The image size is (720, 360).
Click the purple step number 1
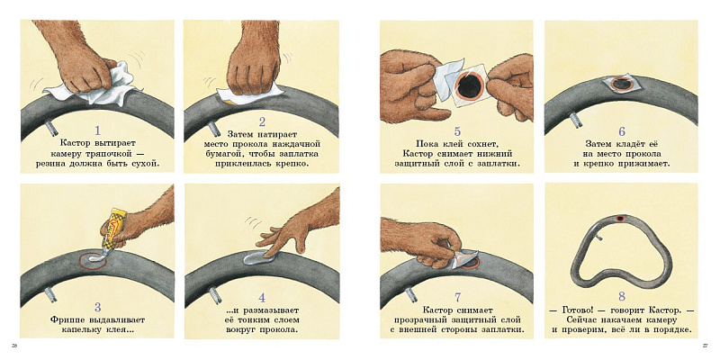[x=96, y=130]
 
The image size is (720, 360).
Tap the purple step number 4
[x=262, y=298]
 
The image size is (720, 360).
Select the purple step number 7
[x=458, y=298]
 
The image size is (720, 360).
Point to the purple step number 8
[x=623, y=295]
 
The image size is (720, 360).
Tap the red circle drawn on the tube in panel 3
[x=93, y=260]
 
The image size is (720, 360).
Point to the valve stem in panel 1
[x=50, y=126]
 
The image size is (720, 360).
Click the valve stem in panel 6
[x=575, y=120]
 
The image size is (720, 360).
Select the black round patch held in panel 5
[x=469, y=85]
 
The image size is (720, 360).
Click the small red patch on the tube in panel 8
[x=620, y=218]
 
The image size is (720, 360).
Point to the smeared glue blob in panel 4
[x=259, y=258]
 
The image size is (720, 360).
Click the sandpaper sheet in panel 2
[x=250, y=94]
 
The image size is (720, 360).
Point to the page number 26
[x=14, y=345]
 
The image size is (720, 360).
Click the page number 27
[x=706, y=345]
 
